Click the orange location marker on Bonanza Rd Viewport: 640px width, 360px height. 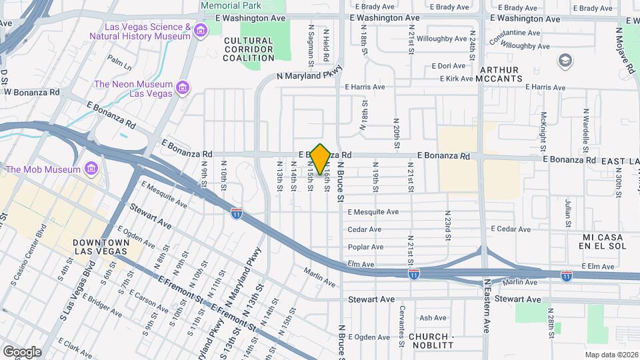pyautogui.click(x=320, y=159)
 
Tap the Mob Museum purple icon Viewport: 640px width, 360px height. pyautogui.click(x=91, y=169)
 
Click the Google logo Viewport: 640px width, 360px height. pyautogui.click(x=22, y=352)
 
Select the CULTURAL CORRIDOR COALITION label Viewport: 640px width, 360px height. pyautogui.click(x=249, y=49)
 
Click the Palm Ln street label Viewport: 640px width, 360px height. pyautogui.click(x=119, y=64)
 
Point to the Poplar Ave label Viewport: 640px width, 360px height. pyautogui.click(x=365, y=247)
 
